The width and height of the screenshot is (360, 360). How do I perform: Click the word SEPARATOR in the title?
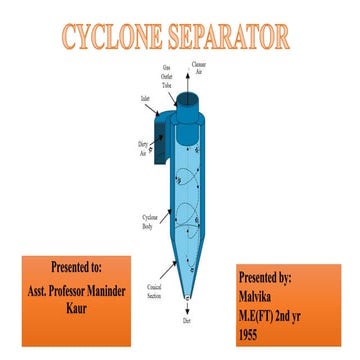coord(226,37)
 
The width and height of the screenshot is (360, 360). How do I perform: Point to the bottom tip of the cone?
coord(188,297)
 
